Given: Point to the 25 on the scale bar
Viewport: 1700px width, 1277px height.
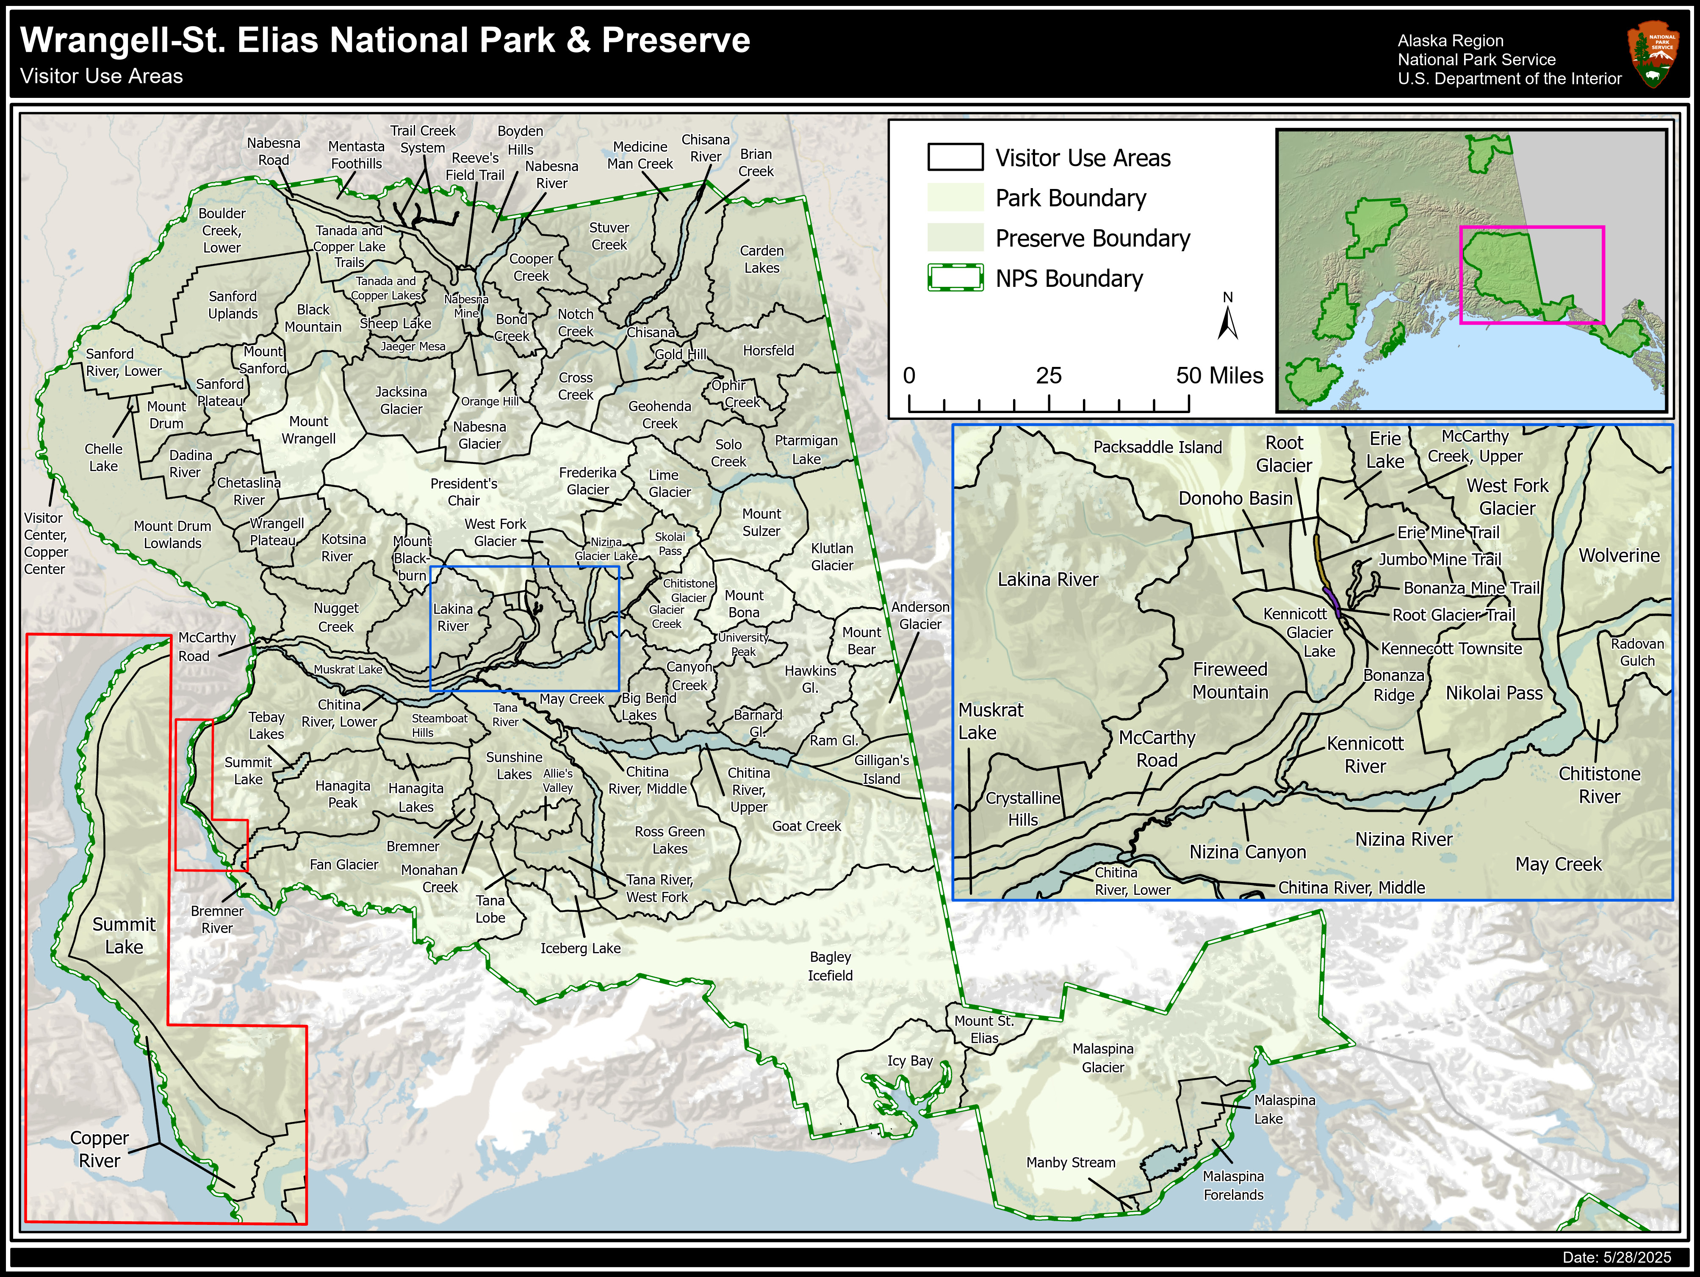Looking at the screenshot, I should (1048, 376).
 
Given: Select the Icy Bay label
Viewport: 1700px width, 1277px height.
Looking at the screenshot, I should (910, 1061).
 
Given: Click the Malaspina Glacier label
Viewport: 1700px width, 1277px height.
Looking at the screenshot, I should (1103, 1058).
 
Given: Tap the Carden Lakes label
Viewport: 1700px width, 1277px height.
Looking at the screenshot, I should (761, 259).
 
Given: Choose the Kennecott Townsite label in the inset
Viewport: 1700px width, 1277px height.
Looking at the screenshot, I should (1451, 648).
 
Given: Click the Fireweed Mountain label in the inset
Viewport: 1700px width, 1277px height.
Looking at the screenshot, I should (1229, 680).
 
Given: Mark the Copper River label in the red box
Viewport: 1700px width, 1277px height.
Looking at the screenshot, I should (99, 1149).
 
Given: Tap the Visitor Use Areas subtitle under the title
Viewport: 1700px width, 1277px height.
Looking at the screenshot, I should (102, 77).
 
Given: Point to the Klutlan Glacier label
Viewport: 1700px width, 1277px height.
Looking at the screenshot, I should (831, 557).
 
